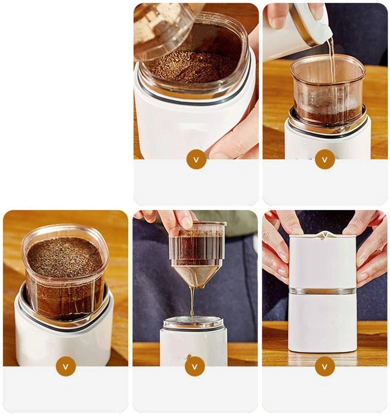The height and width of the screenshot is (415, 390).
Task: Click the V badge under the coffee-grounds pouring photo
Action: [196, 160]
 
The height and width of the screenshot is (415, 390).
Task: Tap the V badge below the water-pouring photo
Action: [324, 160]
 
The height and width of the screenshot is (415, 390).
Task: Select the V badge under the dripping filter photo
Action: [195, 366]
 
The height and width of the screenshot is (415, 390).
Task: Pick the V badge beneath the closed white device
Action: [325, 366]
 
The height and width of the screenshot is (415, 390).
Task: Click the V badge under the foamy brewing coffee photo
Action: [66, 366]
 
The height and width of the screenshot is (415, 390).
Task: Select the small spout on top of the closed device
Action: [324, 235]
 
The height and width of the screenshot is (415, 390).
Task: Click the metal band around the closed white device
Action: [322, 291]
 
